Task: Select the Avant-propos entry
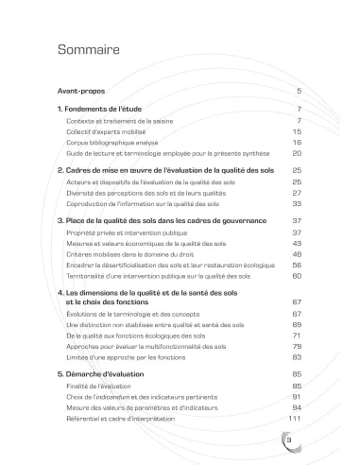click(80, 91)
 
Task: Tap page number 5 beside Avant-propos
click(298, 91)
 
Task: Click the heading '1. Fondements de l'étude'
click(99, 111)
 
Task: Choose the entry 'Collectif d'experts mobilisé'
click(108, 131)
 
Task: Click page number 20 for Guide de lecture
click(296, 152)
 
